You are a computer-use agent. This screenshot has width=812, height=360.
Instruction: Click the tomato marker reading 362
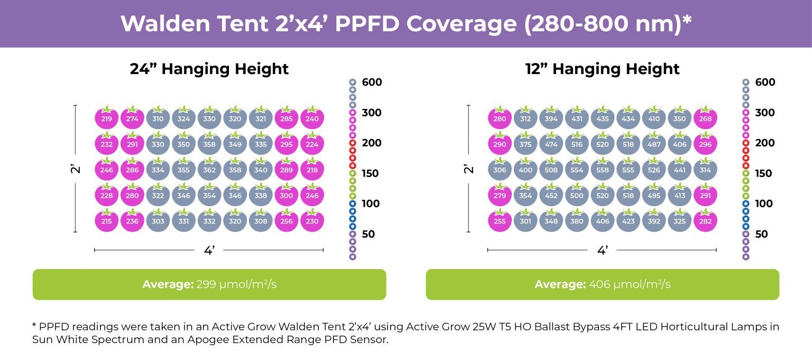(x=209, y=170)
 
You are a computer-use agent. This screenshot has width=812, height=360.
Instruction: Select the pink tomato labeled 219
(x=106, y=119)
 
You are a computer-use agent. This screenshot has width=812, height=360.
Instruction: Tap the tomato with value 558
(x=602, y=170)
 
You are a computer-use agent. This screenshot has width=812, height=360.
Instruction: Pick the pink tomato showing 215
(x=106, y=221)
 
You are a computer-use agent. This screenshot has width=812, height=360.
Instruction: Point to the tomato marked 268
(x=705, y=119)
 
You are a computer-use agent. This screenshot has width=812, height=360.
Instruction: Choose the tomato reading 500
(x=577, y=196)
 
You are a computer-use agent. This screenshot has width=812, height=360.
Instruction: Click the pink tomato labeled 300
(x=287, y=196)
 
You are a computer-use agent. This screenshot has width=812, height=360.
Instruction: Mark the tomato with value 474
(x=551, y=145)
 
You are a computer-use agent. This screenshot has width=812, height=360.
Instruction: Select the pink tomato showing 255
(x=500, y=221)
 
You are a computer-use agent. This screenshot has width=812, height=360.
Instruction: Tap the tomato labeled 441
(x=679, y=170)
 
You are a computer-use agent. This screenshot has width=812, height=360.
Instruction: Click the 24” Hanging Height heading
(x=209, y=69)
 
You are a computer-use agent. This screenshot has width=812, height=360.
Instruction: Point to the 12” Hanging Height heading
(x=602, y=69)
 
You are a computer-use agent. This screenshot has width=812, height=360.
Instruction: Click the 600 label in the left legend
(x=372, y=82)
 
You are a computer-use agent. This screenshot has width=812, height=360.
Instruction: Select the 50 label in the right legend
(x=761, y=234)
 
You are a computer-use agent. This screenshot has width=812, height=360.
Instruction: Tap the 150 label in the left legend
(x=372, y=173)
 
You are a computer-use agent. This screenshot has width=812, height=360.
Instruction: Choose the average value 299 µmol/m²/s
(x=236, y=284)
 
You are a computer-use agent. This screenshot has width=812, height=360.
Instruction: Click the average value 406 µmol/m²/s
(x=629, y=284)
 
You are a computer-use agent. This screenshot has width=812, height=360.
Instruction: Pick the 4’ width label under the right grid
(x=602, y=251)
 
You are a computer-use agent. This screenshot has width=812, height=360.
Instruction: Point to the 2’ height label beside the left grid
(x=76, y=169)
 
